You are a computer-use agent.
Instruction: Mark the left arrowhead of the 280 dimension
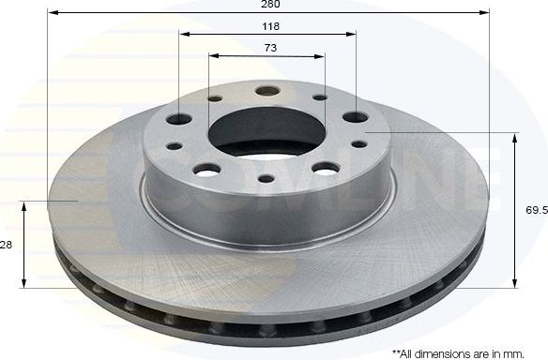point(51,13)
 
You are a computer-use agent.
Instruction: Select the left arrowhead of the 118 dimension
point(182,34)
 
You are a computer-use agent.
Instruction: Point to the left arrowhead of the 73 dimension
point(212,55)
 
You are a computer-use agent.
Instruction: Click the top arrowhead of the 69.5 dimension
point(515,138)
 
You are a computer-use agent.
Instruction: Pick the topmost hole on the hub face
point(267,91)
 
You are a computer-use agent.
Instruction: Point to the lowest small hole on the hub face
point(266,178)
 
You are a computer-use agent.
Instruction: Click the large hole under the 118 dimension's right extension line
point(355,118)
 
